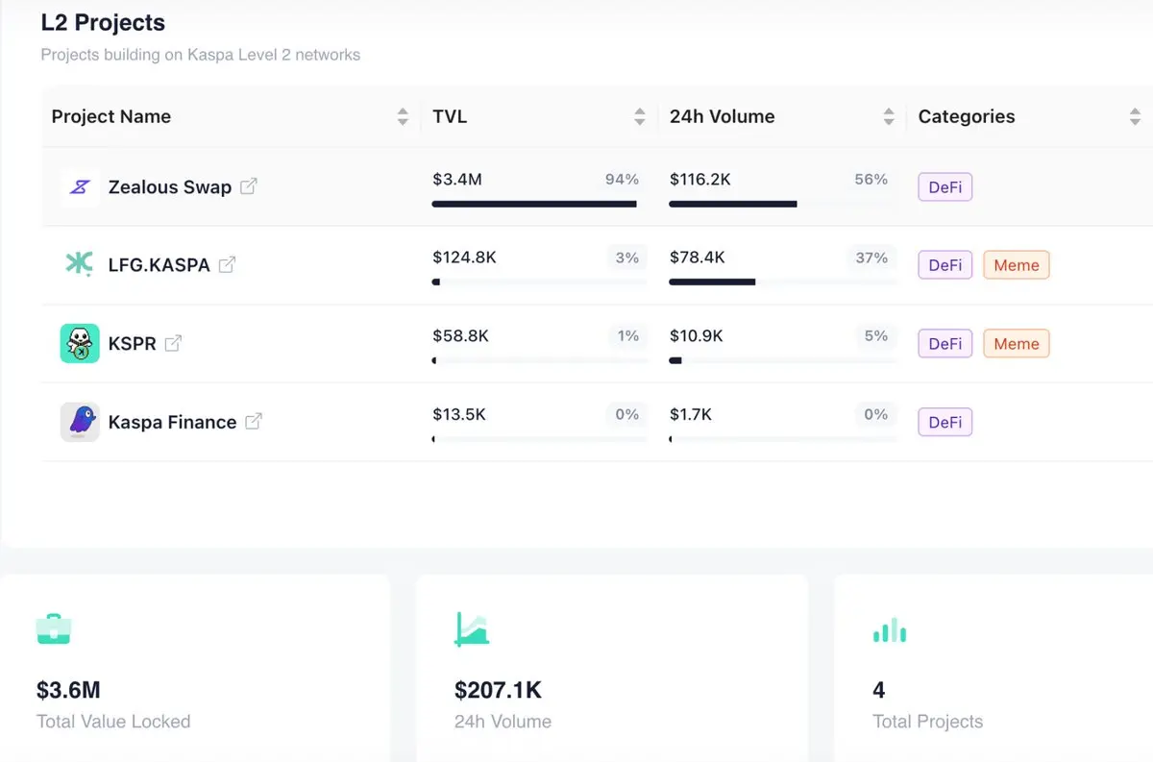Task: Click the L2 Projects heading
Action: pyautogui.click(x=103, y=22)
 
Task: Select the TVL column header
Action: pyautogui.click(x=450, y=116)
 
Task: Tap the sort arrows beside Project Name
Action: pyautogui.click(x=403, y=117)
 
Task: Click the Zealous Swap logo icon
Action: pyautogui.click(x=80, y=186)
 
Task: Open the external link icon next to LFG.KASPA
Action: pyautogui.click(x=228, y=264)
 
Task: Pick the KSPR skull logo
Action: pyautogui.click(x=80, y=343)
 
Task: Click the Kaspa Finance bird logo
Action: pyautogui.click(x=80, y=422)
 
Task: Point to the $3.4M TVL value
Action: pyautogui.click(x=457, y=179)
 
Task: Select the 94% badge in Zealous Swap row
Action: pyautogui.click(x=622, y=179)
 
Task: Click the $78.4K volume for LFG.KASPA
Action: pyautogui.click(x=698, y=258)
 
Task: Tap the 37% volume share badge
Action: pyautogui.click(x=871, y=258)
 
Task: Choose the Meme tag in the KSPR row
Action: pyautogui.click(x=1016, y=344)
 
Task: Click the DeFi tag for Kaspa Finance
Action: pyautogui.click(x=945, y=422)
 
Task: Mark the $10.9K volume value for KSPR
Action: pyautogui.click(x=697, y=336)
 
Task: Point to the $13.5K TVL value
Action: pyautogui.click(x=459, y=414)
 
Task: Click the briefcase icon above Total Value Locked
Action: pyautogui.click(x=54, y=629)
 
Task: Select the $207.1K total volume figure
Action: pyautogui.click(x=498, y=690)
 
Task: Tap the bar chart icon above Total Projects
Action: pyautogui.click(x=890, y=629)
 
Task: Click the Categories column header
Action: pyautogui.click(x=967, y=116)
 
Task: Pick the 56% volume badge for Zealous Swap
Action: pyautogui.click(x=871, y=179)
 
